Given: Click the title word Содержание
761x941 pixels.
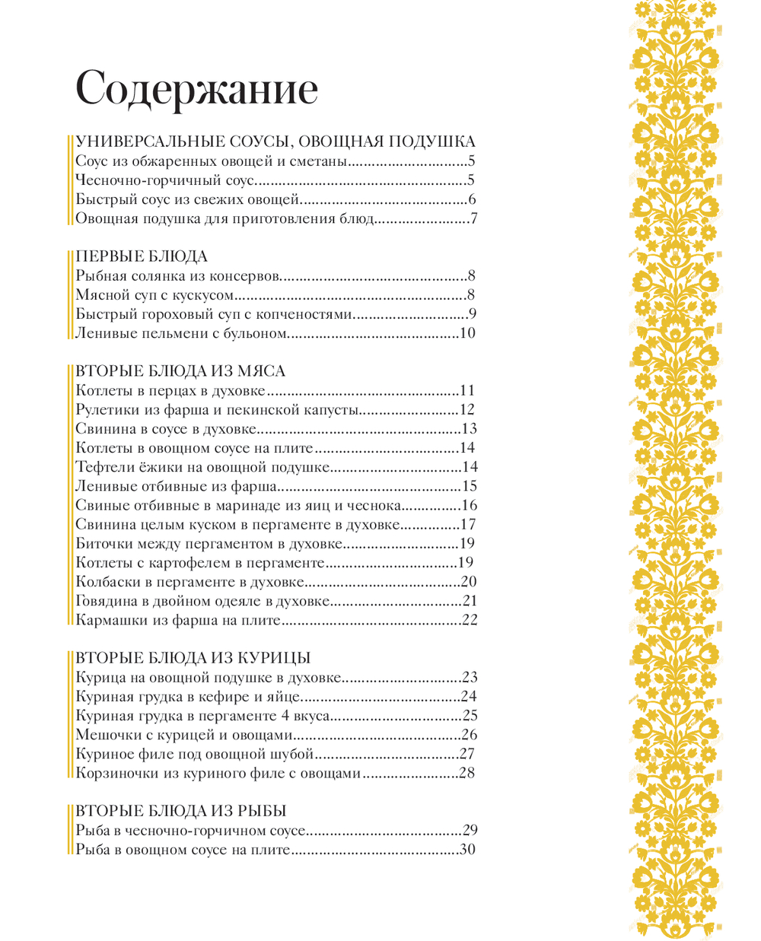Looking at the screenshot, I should click(x=196, y=90).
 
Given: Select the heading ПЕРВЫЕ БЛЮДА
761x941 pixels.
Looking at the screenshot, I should click(x=142, y=256).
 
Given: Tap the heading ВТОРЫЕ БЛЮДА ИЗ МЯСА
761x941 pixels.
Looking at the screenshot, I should click(x=181, y=371).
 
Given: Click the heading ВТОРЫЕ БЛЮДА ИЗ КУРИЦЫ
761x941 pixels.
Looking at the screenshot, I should click(x=193, y=658).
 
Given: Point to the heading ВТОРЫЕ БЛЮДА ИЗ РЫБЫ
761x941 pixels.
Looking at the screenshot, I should click(x=181, y=811).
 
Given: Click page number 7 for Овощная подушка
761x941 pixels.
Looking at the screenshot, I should click(x=473, y=219).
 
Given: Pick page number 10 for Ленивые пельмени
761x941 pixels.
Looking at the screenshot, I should click(x=467, y=333).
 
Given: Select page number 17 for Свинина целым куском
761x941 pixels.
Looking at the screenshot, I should click(x=468, y=525).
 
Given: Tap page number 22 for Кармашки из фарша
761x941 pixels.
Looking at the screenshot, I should click(x=469, y=621).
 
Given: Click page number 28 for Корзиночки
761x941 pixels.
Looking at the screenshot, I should click(x=467, y=774).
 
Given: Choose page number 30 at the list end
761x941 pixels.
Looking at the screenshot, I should click(x=468, y=850).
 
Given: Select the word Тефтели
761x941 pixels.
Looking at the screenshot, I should click(x=104, y=467).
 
